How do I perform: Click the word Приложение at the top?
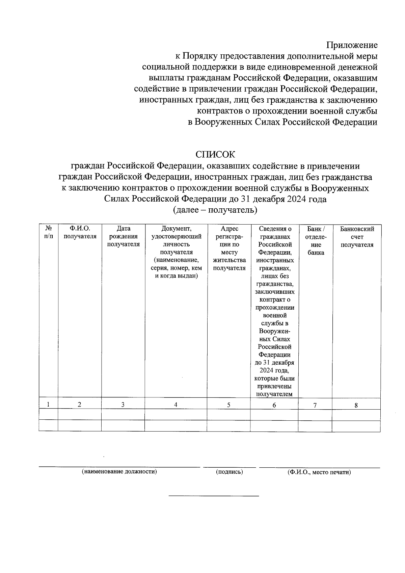[x=352, y=45]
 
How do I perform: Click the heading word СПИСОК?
[x=215, y=155]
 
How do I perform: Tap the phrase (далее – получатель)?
[x=215, y=210]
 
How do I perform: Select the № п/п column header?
[x=49, y=232]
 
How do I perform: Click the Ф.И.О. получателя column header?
[x=80, y=232]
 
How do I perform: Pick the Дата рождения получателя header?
[x=123, y=236]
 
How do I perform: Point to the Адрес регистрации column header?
[x=229, y=248]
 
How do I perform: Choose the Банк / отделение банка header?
[x=316, y=240]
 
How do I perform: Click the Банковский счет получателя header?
[x=357, y=236]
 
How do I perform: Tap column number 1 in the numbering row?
[x=49, y=404]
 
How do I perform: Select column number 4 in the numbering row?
[x=175, y=405]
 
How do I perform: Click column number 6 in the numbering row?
[x=274, y=405]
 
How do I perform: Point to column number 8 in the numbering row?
[x=356, y=405]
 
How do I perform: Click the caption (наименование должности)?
[x=119, y=472]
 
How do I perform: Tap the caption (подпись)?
[x=230, y=472]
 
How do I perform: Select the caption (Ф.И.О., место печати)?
[x=319, y=472]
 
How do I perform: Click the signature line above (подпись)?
[x=230, y=467]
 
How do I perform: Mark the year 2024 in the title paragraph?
[x=297, y=199]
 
